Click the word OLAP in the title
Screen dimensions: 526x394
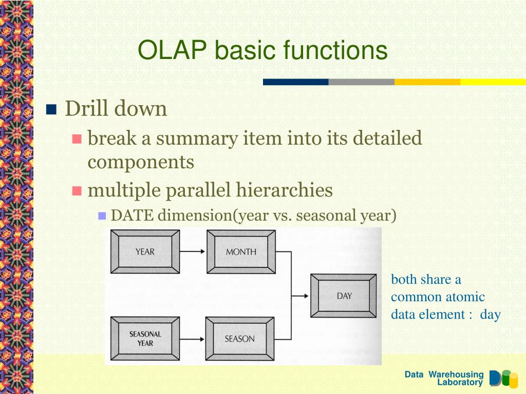tap(172, 50)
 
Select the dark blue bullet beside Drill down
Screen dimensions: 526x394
tap(51, 109)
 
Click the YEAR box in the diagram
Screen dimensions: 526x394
tap(145, 251)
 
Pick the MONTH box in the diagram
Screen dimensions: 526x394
tap(241, 251)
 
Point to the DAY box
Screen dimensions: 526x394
tap(344, 296)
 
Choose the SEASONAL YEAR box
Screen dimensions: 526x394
tap(145, 339)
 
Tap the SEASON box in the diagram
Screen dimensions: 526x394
tap(239, 339)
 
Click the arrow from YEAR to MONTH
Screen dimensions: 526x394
tap(192, 251)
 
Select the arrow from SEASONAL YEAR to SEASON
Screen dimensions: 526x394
tap(192, 339)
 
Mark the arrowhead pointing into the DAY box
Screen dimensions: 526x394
tap(306, 296)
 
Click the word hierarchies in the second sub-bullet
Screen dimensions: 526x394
tap(285, 190)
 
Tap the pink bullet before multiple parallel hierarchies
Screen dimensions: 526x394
tap(77, 191)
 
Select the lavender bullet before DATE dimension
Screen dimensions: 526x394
tap(102, 215)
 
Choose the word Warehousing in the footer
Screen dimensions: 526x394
tap(456, 374)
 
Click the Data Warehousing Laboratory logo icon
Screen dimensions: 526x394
tap(503, 379)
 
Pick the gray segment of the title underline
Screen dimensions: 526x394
tap(361, 82)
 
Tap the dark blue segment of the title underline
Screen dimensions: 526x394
tap(295, 82)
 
